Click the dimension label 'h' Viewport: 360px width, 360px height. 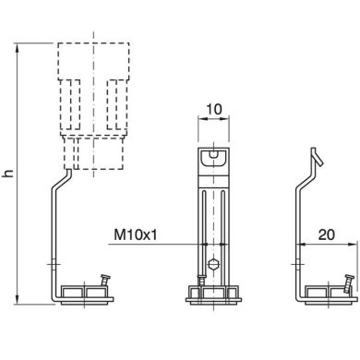click(x=8, y=173)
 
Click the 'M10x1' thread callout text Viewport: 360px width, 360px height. click(x=136, y=235)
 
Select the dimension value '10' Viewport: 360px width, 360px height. click(x=214, y=109)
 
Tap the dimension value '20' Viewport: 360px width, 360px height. click(x=327, y=235)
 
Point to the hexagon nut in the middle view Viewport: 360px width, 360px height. click(x=213, y=264)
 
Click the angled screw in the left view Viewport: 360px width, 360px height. click(x=105, y=281)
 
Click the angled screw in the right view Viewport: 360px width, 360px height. click(x=349, y=283)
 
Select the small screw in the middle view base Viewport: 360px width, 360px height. click(x=201, y=281)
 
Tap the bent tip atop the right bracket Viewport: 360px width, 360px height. click(x=317, y=156)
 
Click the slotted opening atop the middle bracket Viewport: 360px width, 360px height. click(x=213, y=158)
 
